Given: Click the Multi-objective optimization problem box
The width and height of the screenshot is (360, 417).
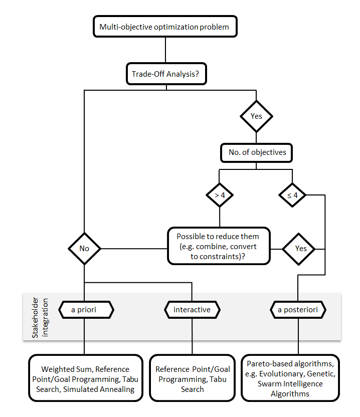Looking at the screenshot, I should coord(164,27).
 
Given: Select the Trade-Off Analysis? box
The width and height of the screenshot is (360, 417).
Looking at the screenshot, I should coord(165,74).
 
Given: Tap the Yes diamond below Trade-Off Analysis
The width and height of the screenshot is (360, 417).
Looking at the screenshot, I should coord(256,116).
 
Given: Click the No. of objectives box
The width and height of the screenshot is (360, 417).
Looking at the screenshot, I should coord(256,152).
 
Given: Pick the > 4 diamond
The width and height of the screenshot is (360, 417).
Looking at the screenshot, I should coord(220,195).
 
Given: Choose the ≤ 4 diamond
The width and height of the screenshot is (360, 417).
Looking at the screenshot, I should coord(292,195).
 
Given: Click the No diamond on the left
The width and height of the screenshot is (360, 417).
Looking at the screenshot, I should coord(84,248).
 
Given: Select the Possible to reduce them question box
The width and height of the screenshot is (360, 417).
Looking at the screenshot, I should coord(218,246).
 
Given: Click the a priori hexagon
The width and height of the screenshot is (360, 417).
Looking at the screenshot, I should coord(84,310).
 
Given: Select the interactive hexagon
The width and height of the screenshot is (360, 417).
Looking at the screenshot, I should coord(192,310).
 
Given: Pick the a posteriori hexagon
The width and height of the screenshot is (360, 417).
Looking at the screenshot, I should coord(298,310).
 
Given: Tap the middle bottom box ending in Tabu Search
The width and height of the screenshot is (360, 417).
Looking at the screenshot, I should coord(193,379).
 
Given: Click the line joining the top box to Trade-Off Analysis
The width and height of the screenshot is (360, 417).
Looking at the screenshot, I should coord(165,51).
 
